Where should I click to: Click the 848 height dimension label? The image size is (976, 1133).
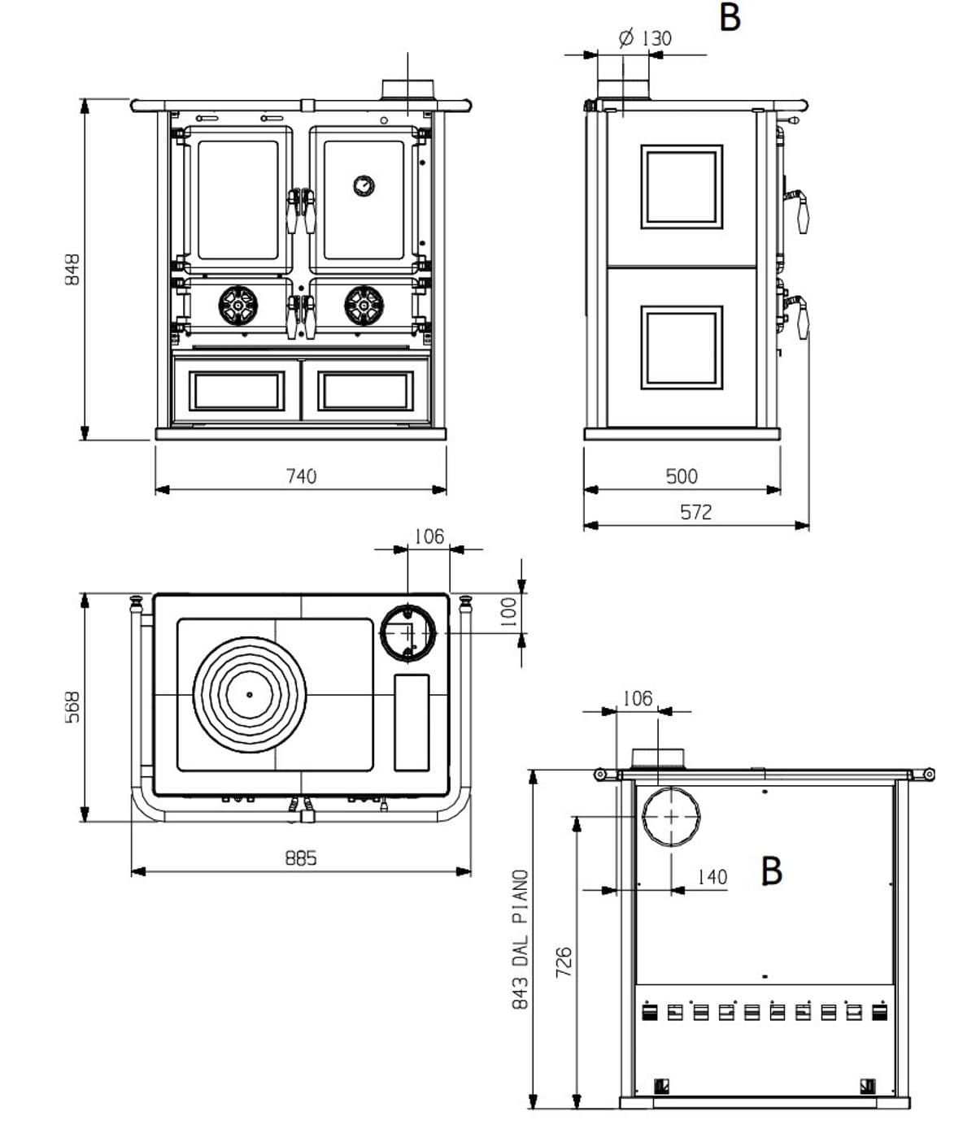72,270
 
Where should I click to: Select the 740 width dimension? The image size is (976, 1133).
301,476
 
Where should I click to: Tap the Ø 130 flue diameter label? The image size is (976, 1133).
645,38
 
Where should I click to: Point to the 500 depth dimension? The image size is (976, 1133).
682,476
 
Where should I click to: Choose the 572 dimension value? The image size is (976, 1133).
695,512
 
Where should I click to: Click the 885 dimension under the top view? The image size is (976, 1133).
301,858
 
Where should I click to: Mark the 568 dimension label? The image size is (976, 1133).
72,707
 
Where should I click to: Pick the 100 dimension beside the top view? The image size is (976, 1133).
508,611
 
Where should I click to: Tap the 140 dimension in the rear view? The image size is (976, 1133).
712,877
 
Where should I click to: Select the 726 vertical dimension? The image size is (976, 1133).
564,962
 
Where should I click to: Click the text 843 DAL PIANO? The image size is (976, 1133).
521,940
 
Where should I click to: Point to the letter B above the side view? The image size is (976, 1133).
730,18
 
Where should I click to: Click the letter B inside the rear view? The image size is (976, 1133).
771,870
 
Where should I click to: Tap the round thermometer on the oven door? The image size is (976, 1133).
364,185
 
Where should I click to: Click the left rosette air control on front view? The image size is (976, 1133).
237,306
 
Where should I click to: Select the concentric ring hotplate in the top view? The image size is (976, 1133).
249,694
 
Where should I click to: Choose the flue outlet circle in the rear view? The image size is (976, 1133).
671,816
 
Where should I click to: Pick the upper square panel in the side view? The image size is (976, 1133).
682,187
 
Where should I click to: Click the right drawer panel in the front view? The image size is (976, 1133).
365,391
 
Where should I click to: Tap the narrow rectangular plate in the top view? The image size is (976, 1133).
412,722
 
